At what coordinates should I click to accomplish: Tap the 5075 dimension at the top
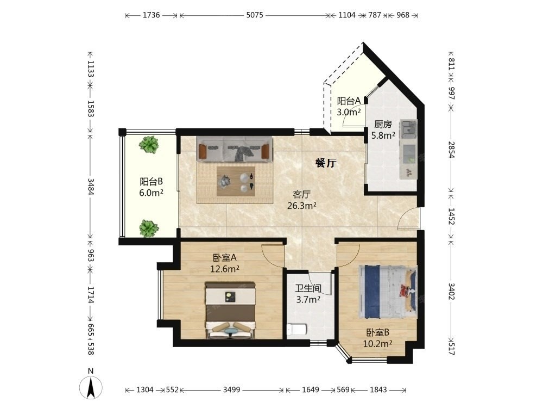tap(255, 15)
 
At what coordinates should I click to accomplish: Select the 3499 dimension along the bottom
tap(231, 390)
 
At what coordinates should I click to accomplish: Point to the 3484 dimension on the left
tap(90, 186)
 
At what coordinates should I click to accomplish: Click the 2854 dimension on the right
tap(451, 150)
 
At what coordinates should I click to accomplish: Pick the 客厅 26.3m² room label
tap(301, 200)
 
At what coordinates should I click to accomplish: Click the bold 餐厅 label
tap(326, 163)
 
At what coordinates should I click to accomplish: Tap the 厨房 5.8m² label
tap(383, 130)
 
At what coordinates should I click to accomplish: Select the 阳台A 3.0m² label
tap(349, 107)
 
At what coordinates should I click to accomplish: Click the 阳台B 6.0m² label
tap(151, 187)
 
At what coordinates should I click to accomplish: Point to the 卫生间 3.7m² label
tap(308, 294)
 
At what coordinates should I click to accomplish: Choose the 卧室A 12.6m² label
tap(225, 263)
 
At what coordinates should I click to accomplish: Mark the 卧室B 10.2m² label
tap(377, 338)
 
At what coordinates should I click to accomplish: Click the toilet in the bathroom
tap(297, 329)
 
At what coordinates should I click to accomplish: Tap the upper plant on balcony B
tap(149, 144)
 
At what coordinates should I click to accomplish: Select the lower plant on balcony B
tap(149, 228)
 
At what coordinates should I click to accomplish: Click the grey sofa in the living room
tap(234, 149)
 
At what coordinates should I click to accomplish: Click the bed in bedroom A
tap(231, 310)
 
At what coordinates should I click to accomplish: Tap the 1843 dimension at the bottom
tap(378, 390)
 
